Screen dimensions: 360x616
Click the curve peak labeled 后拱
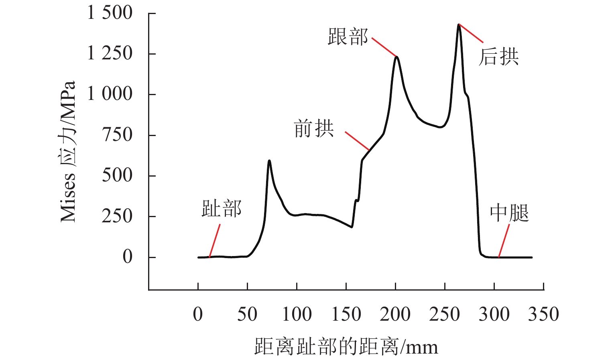[x=459, y=25]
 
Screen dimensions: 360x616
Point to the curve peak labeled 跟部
[x=396, y=57]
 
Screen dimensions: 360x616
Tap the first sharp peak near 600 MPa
[x=269, y=161]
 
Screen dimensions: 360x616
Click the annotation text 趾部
[x=222, y=209]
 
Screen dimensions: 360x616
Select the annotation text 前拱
[x=314, y=129]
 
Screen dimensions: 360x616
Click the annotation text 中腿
[x=509, y=213]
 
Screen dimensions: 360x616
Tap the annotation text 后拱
[x=498, y=57]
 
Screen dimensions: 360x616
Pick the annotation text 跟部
[x=348, y=37]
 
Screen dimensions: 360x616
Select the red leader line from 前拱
[x=357, y=140]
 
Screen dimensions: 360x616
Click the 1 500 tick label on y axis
[x=110, y=13]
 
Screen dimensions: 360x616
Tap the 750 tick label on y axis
[x=117, y=135]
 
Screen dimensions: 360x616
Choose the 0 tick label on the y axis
[x=128, y=257]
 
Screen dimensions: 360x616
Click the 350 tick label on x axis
[x=543, y=314]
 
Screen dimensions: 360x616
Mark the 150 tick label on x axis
[x=346, y=314]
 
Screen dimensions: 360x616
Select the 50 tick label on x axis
[x=247, y=314]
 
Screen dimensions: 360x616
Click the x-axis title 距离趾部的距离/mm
[x=346, y=346]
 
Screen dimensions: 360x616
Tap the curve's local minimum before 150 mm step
[x=352, y=227]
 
